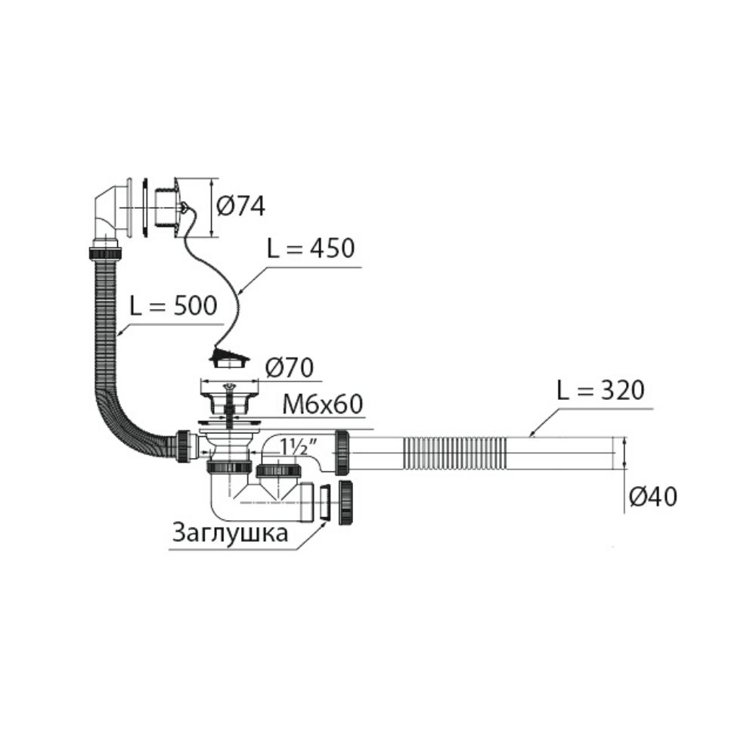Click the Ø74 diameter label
point(240,207)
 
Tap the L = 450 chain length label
point(311,248)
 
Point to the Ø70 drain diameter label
point(290,368)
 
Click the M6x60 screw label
point(323,405)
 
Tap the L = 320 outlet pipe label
point(601,391)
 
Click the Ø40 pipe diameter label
point(653,497)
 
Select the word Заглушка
point(231,534)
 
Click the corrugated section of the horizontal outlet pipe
point(454,453)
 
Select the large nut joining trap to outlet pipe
point(342,453)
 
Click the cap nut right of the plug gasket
point(347,502)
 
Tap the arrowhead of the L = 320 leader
point(531,433)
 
